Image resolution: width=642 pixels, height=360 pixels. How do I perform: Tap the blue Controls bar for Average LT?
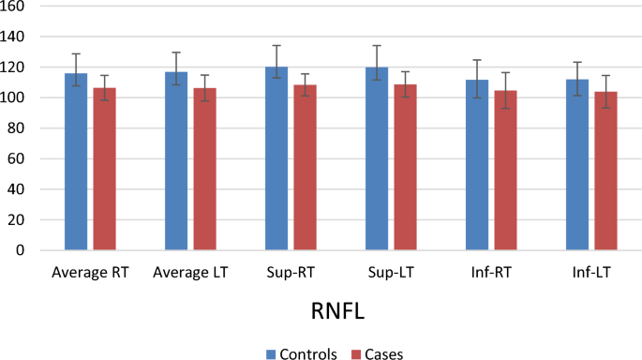click(x=176, y=160)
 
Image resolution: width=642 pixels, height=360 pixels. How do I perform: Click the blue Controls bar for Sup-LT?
click(x=377, y=158)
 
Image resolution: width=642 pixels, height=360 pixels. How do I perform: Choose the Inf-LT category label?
click(x=591, y=273)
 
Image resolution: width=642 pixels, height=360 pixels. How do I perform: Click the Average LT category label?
click(x=189, y=273)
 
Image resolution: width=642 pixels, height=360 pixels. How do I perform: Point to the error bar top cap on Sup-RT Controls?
click(x=276, y=45)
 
